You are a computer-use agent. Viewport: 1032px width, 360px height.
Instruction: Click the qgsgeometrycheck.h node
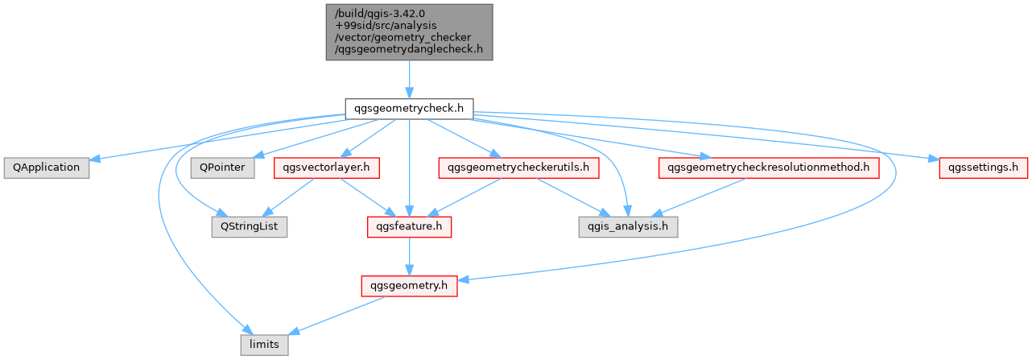409,109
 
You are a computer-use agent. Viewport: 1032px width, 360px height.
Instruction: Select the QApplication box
47,168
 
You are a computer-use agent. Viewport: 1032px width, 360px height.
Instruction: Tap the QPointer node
222,168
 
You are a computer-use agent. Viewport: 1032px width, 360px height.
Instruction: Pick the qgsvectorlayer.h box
327,168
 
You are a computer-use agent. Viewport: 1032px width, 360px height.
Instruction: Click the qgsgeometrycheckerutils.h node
518,168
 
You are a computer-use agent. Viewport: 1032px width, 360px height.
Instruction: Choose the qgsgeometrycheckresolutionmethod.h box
769,168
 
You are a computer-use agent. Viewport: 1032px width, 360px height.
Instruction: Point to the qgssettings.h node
983,168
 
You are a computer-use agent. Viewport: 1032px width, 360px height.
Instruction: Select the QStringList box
250,227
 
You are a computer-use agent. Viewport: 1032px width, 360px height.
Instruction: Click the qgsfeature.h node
409,227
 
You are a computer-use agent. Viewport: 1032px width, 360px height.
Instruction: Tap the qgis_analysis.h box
629,227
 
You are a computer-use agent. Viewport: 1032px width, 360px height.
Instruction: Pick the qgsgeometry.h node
409,286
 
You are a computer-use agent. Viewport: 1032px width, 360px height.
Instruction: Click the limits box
265,345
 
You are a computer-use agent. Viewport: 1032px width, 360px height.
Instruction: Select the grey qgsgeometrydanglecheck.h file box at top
409,32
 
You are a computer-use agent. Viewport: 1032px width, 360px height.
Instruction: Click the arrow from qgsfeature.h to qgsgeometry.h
409,257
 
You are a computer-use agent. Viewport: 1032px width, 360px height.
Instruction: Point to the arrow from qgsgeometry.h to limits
336,316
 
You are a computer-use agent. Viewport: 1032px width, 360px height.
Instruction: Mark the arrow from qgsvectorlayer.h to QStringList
288,197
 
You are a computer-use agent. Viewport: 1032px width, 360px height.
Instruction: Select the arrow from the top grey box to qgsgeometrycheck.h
409,79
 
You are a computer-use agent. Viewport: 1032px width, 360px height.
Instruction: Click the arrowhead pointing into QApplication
94,159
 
